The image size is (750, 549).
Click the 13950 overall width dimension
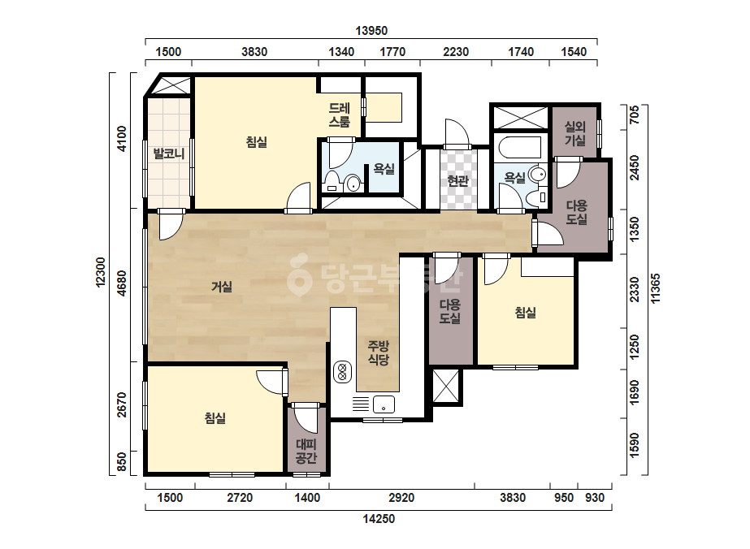[371, 31]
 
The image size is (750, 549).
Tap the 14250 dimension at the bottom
[379, 519]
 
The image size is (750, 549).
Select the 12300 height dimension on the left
[101, 272]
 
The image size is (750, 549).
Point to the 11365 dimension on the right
[655, 287]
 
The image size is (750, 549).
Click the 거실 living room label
[222, 287]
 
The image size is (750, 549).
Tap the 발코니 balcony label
[169, 154]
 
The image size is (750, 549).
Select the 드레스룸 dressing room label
[339, 115]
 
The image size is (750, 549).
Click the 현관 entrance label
[457, 180]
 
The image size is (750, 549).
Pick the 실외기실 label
[575, 133]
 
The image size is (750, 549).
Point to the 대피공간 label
[306, 451]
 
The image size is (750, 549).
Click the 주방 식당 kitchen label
[379, 353]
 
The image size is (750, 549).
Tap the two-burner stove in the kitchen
[342, 372]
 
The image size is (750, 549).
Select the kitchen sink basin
[384, 404]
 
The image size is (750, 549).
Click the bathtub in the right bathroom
[520, 147]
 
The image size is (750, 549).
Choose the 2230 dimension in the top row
[456, 52]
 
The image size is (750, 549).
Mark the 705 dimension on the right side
[635, 115]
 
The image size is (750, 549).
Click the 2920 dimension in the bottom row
[401, 498]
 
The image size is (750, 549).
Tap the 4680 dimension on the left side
[123, 283]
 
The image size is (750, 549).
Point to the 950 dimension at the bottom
[564, 498]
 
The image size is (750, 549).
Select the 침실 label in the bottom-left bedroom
[215, 418]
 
